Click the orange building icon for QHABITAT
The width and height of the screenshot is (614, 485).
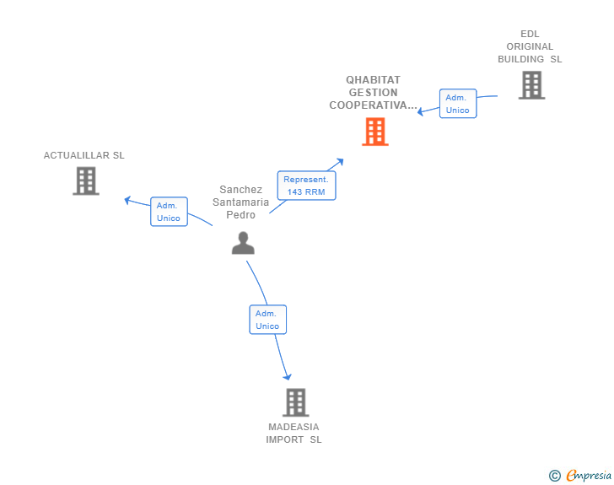coord(375,132)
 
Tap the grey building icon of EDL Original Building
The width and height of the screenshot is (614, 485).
coord(531,85)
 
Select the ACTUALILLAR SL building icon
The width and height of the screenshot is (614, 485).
coord(86,181)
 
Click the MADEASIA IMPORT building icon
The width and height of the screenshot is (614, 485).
coord(295,402)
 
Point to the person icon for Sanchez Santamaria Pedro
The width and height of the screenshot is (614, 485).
coord(243,243)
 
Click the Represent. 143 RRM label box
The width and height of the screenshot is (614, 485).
coord(306,186)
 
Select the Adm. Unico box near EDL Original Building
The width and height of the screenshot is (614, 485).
coord(458,104)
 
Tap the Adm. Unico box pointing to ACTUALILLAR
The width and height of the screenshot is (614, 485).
coord(169,212)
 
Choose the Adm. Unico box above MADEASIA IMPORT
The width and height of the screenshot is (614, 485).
coord(267,320)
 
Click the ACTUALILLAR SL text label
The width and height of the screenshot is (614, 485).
coord(84,155)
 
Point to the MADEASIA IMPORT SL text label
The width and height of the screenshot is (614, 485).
coord(294,433)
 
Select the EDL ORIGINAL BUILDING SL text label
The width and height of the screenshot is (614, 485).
coord(530,47)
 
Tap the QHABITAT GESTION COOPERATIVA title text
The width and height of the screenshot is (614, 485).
coord(374,93)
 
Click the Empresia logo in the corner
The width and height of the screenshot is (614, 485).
coord(589,476)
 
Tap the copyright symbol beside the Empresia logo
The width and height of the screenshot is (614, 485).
coord(554,476)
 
